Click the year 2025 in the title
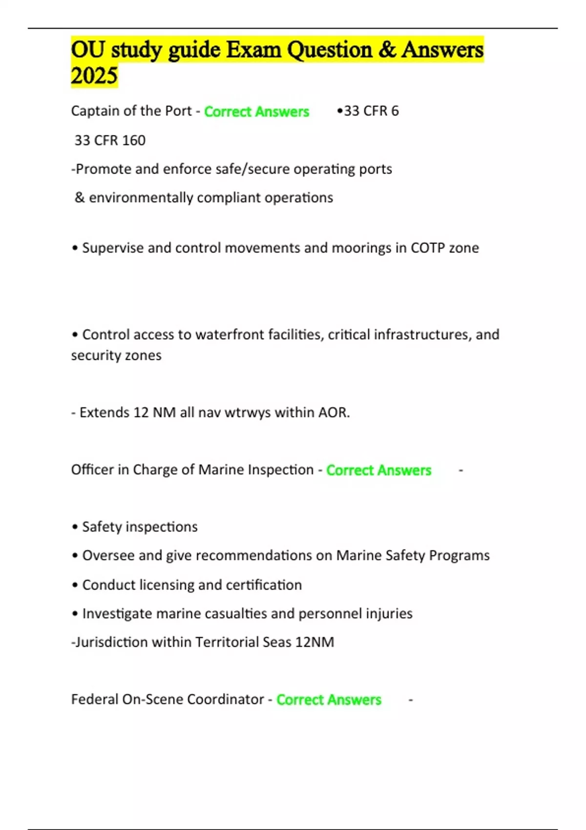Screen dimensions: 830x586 pos(94,76)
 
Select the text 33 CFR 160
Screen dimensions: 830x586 pos(110,141)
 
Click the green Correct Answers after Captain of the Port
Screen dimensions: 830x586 pos(256,112)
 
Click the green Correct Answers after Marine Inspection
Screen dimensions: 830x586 pos(378,470)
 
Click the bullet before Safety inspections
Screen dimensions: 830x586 pos(75,527)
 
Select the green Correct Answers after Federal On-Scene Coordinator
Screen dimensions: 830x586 pos(329,700)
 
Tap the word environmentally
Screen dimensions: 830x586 pos(141,198)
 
